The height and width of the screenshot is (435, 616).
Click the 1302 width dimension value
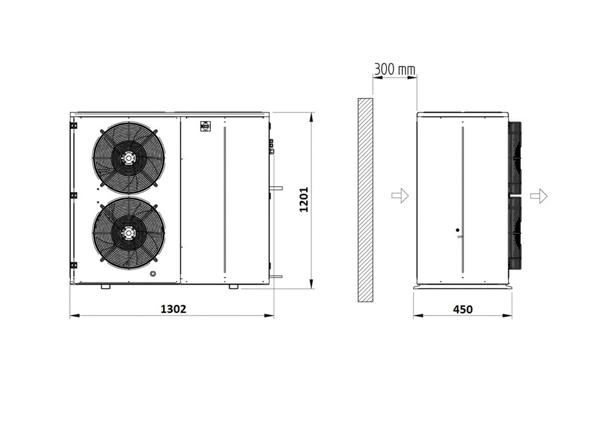(173, 309)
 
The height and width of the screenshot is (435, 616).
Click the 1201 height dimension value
(304, 200)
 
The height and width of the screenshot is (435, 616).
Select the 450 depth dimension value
(463, 310)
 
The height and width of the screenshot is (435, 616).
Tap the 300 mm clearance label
(395, 69)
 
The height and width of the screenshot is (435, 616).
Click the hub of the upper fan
(128, 158)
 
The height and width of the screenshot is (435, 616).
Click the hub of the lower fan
(128, 233)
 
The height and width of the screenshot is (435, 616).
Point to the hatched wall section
(365, 200)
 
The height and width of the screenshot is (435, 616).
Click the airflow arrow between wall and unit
(400, 195)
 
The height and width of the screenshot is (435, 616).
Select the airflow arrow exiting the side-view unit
(539, 196)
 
